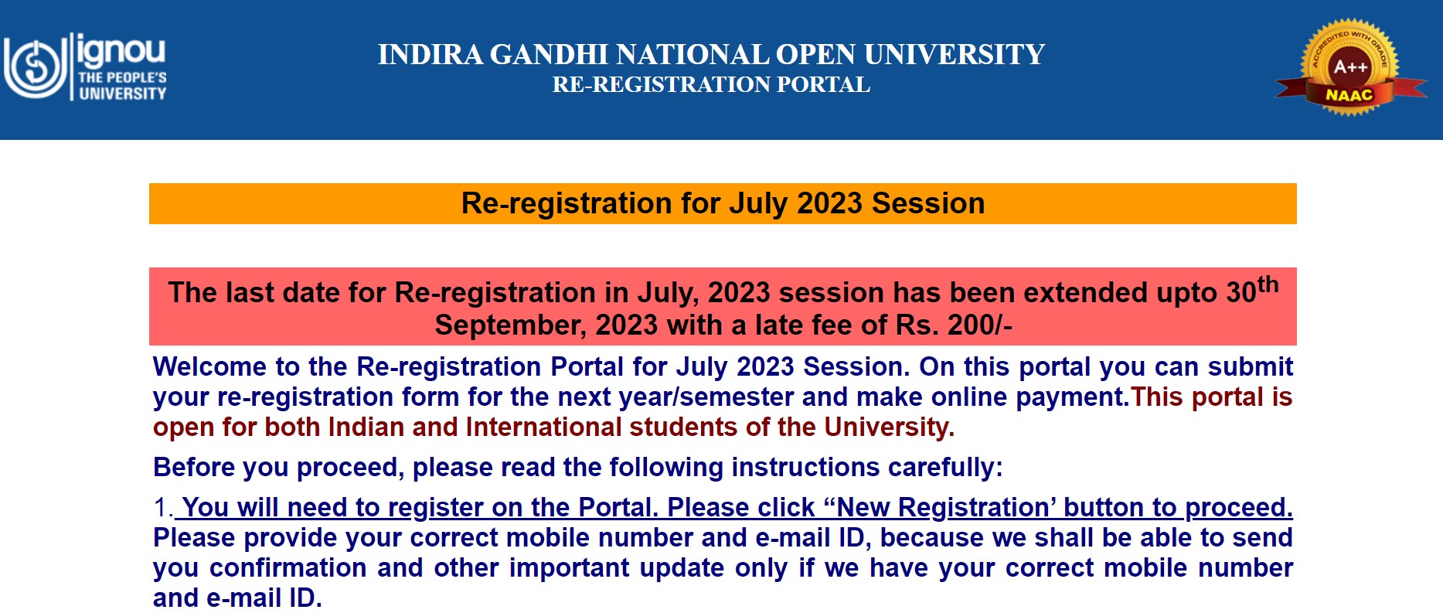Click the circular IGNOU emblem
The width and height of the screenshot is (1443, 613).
click(35, 66)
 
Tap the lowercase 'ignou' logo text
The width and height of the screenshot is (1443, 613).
click(121, 50)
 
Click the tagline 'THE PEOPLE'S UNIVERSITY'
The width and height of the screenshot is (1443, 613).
click(122, 86)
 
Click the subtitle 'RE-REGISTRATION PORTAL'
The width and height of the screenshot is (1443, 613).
click(711, 84)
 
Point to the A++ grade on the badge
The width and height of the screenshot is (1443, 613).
click(1350, 67)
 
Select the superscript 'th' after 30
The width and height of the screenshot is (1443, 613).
click(1268, 284)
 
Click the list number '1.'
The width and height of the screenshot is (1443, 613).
click(163, 508)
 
